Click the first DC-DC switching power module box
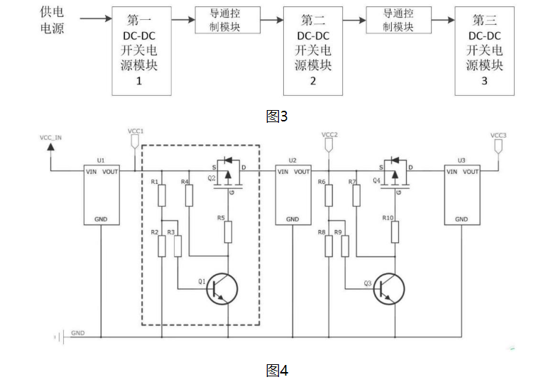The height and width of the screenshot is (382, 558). point(142,49)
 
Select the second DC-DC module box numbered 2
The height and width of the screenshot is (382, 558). point(313,49)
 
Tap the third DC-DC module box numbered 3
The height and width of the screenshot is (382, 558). point(484,49)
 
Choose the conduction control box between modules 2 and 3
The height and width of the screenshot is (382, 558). point(398,20)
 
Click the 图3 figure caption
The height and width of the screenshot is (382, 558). point(278,116)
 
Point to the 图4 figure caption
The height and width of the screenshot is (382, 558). point(278,370)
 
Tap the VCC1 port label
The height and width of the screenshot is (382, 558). point(136,131)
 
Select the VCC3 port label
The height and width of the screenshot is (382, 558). point(498,135)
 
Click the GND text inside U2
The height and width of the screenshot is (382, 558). point(292,219)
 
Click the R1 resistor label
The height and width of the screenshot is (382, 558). point(154,182)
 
